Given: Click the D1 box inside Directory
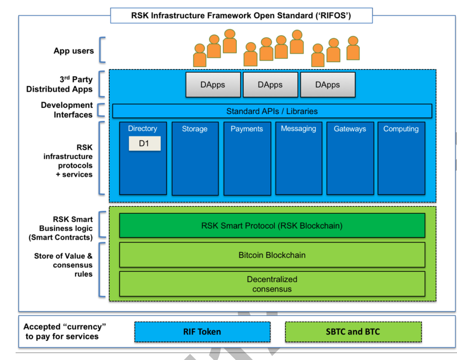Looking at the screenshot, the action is tap(145, 143).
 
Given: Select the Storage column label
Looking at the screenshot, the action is tap(195, 129).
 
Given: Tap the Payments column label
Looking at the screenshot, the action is tap(247, 129).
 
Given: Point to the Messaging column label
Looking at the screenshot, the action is tap(298, 129).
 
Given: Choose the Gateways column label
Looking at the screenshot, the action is tap(350, 129).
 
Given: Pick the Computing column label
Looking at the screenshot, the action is tap(401, 129).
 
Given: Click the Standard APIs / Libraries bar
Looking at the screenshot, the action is tap(272, 111).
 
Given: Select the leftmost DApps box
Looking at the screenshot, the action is tap(213, 85).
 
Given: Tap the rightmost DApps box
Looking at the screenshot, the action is tap(328, 85).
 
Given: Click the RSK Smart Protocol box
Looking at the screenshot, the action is tap(272, 225).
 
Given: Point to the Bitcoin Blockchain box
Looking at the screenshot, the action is tap(272, 255).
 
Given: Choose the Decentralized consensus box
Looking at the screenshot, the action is tap(272, 284).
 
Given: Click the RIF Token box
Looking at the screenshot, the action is tap(202, 332).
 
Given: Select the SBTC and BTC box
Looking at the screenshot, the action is tap(353, 332).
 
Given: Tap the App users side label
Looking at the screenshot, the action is tap(74, 51).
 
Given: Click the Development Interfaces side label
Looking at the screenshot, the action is tap(67, 110).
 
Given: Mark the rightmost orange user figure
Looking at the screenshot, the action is tap(353, 48).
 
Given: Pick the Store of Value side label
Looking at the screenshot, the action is tap(63, 265).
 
